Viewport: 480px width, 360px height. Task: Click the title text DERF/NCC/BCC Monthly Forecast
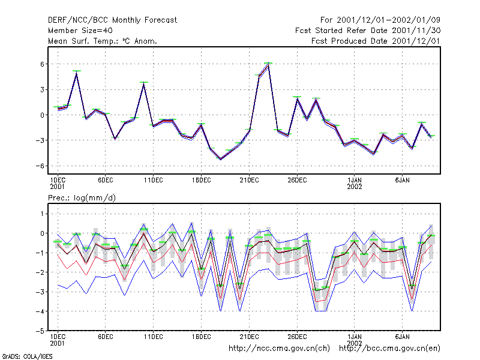pyautogui.click(x=112, y=20)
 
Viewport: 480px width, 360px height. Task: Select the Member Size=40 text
pyautogui.click(x=80, y=31)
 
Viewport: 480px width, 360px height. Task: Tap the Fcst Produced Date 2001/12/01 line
pyautogui.click(x=376, y=41)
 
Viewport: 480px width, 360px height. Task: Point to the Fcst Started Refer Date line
pyautogui.click(x=368, y=31)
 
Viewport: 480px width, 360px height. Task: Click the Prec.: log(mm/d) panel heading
pyautogui.click(x=82, y=198)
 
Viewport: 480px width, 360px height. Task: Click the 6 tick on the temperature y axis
pyautogui.click(x=42, y=64)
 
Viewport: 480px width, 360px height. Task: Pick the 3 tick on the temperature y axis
pyautogui.click(x=42, y=89)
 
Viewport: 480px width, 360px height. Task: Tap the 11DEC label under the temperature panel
pyautogui.click(x=154, y=180)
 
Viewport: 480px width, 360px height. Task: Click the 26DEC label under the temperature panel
pyautogui.click(x=297, y=180)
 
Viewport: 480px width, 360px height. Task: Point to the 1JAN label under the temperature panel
pyautogui.click(x=355, y=180)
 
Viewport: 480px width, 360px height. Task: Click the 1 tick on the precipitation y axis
pyautogui.click(x=42, y=214)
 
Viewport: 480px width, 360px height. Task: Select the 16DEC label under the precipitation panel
pyautogui.click(x=201, y=337)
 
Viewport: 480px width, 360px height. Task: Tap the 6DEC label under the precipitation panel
pyautogui.click(x=106, y=337)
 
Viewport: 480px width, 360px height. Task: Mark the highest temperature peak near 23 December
pyautogui.click(x=268, y=64)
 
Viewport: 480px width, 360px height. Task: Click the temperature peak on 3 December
pyautogui.click(x=77, y=72)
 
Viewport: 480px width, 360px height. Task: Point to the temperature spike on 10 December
pyautogui.click(x=144, y=83)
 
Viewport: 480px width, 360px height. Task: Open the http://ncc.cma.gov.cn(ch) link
pyautogui.click(x=279, y=349)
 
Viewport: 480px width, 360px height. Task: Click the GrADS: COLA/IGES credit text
pyautogui.click(x=27, y=356)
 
